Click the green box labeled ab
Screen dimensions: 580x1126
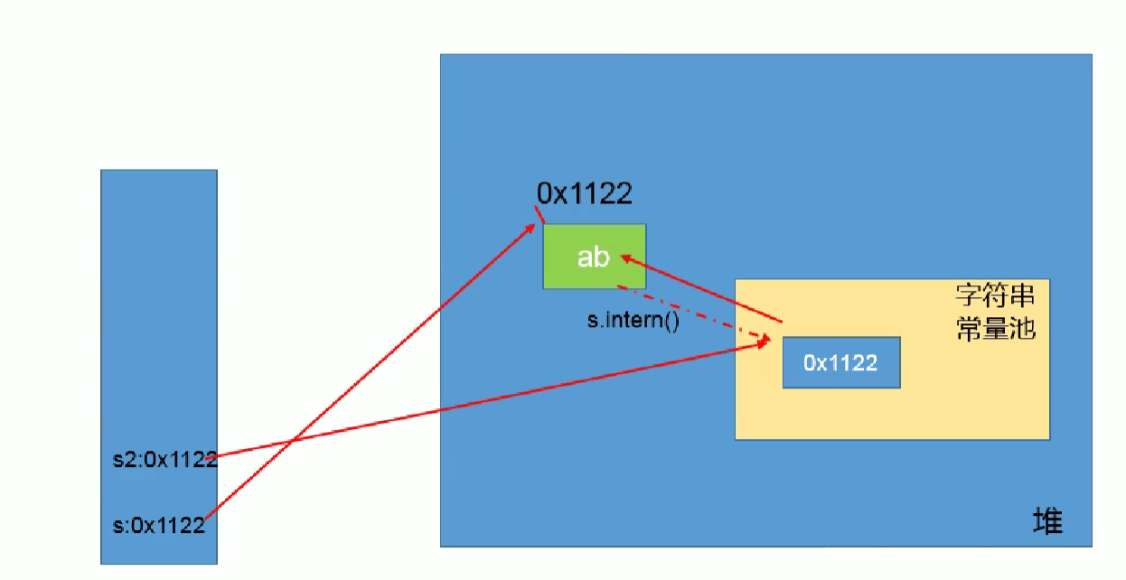[x=594, y=257]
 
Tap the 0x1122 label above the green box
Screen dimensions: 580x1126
[x=584, y=193]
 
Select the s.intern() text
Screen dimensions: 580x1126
[x=633, y=320]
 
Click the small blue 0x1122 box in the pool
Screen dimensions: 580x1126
[x=840, y=362]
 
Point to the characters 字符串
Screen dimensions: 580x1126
[x=995, y=296]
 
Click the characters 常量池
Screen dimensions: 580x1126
[x=995, y=328]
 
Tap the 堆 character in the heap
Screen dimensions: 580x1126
[x=1047, y=521]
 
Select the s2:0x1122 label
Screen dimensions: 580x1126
[x=159, y=459]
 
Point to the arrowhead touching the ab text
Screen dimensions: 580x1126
[x=624, y=259]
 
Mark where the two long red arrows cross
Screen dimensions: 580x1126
[x=291, y=442]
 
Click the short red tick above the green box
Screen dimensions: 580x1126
[x=540, y=215]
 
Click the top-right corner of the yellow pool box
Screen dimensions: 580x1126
[x=1048, y=280]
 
